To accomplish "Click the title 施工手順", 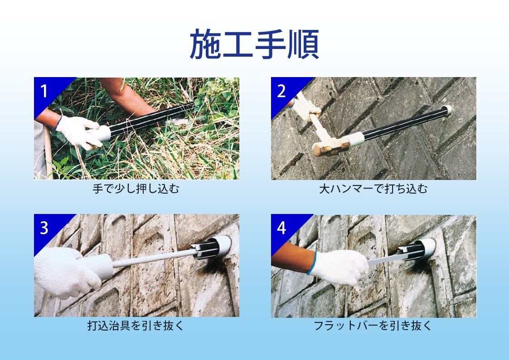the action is (x=254, y=44).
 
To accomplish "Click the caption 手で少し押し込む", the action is (x=136, y=189).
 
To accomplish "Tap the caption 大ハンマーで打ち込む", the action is (x=373, y=189).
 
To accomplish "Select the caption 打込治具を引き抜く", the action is (x=136, y=325).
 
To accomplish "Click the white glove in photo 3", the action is (x=65, y=272).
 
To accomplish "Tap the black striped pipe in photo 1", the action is (x=151, y=118).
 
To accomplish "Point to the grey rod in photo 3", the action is (x=153, y=258).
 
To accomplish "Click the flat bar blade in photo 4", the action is (x=386, y=259).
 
